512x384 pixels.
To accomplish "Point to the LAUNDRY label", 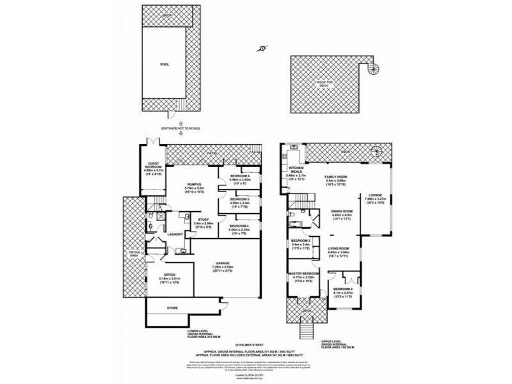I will [x=175, y=234].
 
